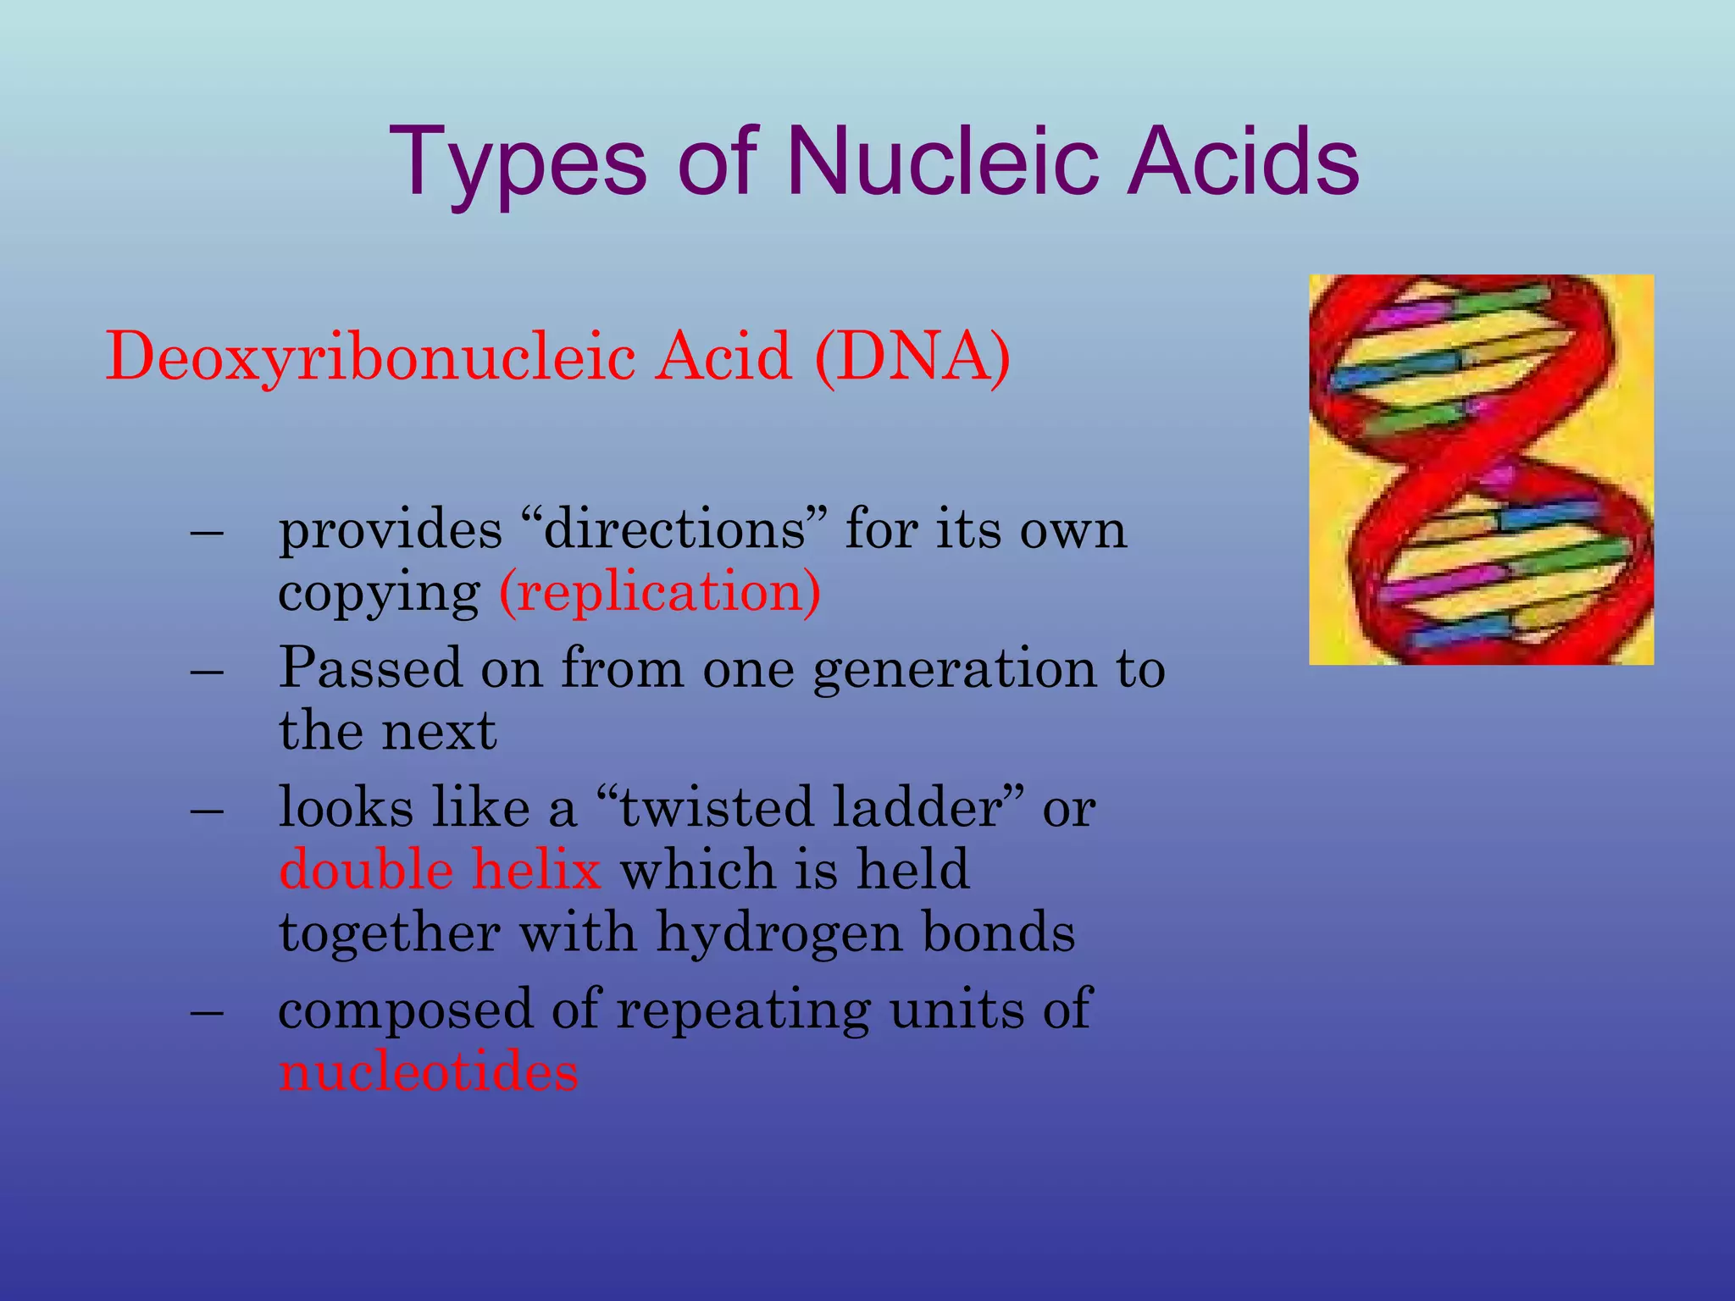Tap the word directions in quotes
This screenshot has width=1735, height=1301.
click(x=675, y=530)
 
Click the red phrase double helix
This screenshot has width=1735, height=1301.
click(x=440, y=870)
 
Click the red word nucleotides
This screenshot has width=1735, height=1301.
click(x=429, y=1072)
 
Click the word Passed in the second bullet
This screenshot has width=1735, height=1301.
click(x=370, y=668)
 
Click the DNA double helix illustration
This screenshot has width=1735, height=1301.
click(x=1481, y=469)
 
